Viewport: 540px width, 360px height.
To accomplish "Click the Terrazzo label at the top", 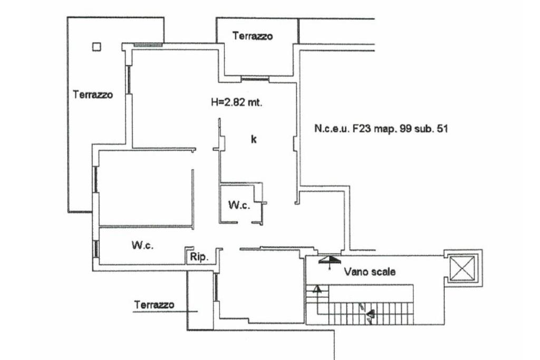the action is [253, 36].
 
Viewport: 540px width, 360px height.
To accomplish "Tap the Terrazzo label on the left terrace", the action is [93, 95].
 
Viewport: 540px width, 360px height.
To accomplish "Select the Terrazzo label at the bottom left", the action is [154, 305].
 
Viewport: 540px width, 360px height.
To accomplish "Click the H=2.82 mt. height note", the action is [237, 103].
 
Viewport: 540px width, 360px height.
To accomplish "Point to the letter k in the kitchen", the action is [254, 140].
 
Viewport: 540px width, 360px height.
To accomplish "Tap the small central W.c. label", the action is [239, 206].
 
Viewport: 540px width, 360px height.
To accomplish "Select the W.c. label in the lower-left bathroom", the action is [142, 245].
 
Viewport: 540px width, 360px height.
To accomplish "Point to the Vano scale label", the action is [370, 272].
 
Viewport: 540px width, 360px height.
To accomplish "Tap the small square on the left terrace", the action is [96, 47].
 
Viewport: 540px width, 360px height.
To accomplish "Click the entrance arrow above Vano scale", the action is [330, 259].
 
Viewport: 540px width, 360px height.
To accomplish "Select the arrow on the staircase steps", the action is [370, 315].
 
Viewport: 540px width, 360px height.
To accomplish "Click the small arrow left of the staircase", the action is [317, 289].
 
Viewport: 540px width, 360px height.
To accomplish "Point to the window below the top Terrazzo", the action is [255, 80].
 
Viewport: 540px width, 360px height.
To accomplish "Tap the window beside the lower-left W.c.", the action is [96, 249].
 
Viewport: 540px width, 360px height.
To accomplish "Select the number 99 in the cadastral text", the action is [406, 128].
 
